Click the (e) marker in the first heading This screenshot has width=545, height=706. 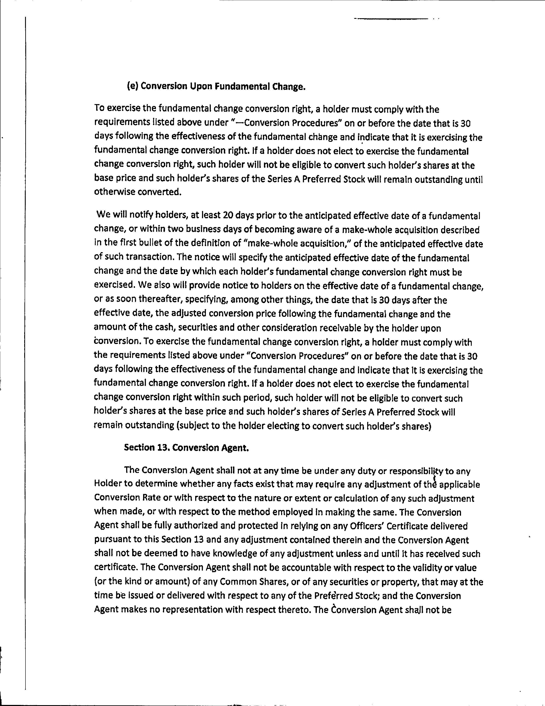(133, 86)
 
